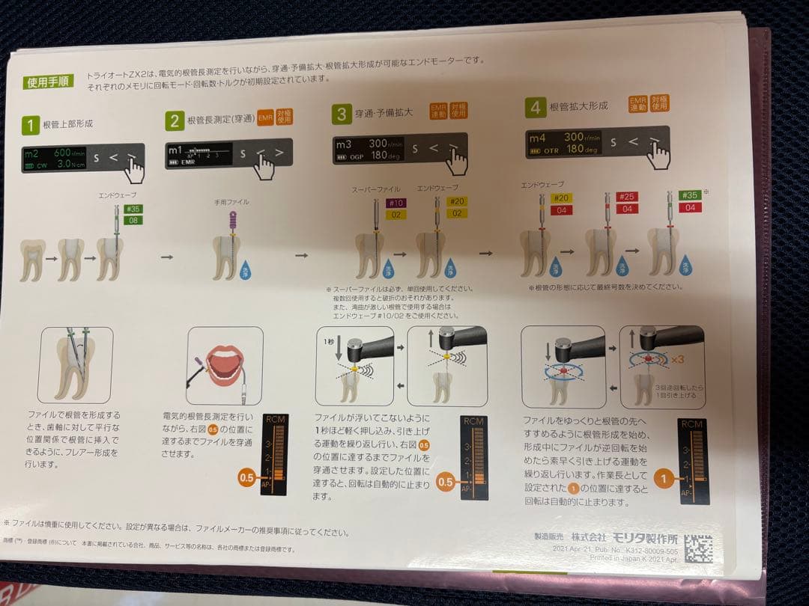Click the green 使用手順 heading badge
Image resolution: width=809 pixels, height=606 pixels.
(49, 82)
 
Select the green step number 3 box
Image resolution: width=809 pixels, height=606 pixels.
(341, 114)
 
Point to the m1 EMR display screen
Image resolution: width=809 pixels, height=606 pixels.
(197, 154)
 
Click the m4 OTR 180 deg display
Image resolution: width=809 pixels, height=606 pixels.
(564, 144)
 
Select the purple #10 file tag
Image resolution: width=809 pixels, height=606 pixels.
(396, 202)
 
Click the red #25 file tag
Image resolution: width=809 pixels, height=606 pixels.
(627, 196)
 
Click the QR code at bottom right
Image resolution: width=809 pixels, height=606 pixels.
(698, 548)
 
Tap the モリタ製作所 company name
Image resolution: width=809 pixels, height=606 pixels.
(644, 538)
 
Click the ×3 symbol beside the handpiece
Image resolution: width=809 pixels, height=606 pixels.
(676, 359)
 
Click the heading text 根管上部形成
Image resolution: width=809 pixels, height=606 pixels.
(68, 123)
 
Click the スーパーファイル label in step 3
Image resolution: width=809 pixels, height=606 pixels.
(375, 189)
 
